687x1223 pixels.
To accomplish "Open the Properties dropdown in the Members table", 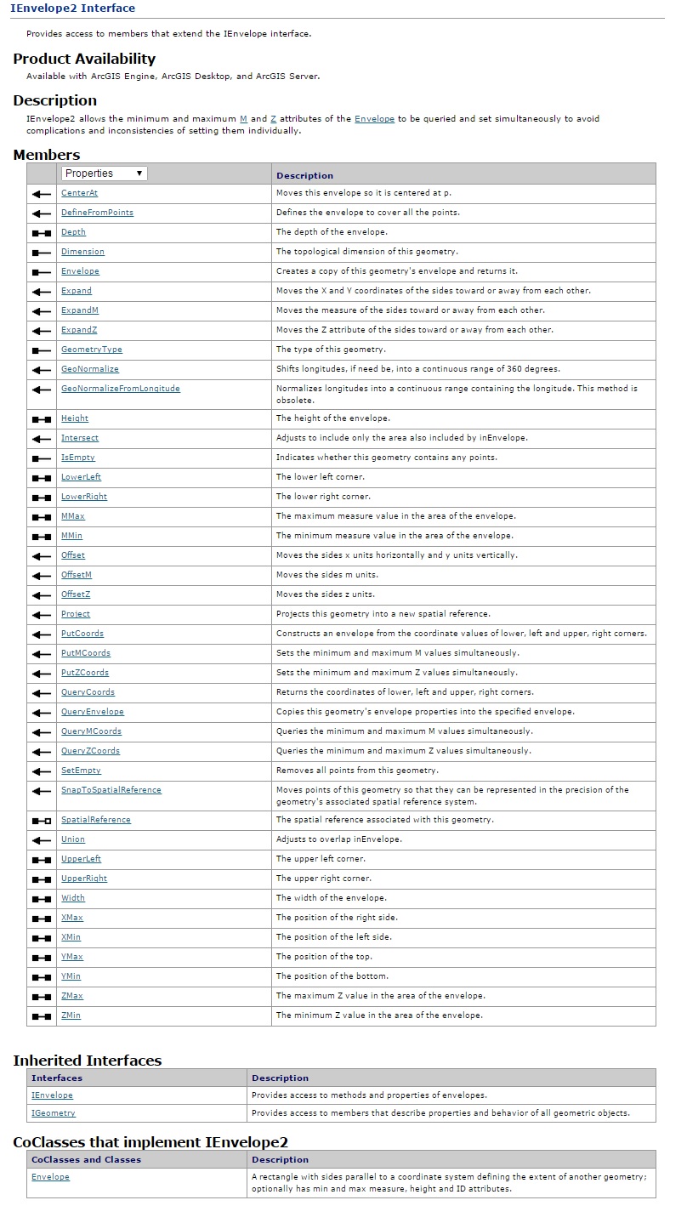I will (105, 173).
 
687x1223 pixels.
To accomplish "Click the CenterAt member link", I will (79, 193).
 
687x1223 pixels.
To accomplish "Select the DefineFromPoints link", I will (97, 213).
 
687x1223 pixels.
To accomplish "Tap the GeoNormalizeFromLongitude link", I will (120, 389).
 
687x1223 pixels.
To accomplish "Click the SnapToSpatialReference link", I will (111, 790).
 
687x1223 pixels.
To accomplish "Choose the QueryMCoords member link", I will (91, 731).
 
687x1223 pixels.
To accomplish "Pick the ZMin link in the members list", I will (71, 1015).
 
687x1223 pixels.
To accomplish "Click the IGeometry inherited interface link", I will (53, 1113).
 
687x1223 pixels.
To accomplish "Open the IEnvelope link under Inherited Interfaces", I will (52, 1095).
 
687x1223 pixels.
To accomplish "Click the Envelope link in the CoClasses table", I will (50, 1177).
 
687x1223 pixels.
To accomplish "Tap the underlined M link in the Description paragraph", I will (243, 119).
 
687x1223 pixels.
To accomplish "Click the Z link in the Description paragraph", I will (273, 119).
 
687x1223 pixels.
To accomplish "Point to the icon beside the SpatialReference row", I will (42, 820).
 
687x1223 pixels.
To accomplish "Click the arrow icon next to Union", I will (42, 839).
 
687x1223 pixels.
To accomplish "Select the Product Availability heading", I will (84, 59).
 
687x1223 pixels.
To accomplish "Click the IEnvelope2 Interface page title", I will (72, 9).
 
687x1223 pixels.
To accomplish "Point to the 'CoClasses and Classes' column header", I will (86, 1159).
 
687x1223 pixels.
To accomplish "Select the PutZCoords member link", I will (85, 673).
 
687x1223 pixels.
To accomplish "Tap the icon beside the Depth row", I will (42, 232).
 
